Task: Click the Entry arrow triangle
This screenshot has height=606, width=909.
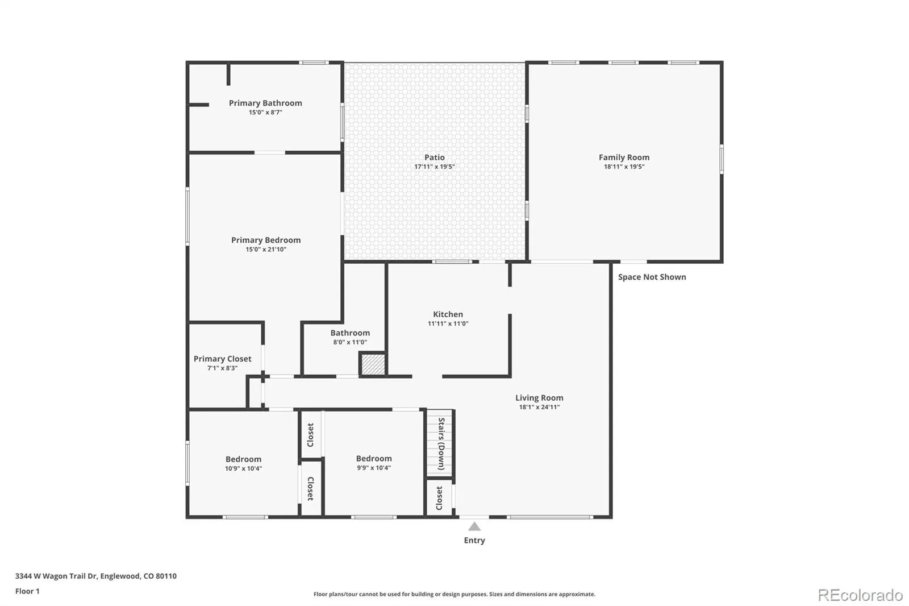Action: [474, 527]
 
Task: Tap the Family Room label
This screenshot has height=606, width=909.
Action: [624, 157]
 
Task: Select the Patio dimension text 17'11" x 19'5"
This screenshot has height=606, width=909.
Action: [435, 167]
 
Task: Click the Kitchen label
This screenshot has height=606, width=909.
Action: [448, 314]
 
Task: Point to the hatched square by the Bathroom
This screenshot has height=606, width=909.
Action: [373, 364]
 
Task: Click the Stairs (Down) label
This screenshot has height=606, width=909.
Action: [441, 444]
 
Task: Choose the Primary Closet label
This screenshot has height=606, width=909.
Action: [222, 359]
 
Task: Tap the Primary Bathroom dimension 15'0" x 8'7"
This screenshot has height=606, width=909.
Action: [265, 112]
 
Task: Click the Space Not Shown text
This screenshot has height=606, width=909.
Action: [652, 277]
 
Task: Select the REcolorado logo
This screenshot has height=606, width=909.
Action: [860, 595]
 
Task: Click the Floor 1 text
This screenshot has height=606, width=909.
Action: [28, 591]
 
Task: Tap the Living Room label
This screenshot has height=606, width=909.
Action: [539, 397]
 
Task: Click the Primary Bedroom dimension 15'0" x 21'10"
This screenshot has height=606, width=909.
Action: [266, 250]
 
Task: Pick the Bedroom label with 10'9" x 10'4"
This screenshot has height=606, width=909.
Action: [244, 459]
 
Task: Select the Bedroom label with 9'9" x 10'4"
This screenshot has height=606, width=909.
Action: [374, 458]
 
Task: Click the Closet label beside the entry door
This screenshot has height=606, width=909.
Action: [439, 498]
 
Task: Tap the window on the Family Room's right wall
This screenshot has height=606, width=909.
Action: [722, 159]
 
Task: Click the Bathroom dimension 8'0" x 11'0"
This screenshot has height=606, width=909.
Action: [350, 342]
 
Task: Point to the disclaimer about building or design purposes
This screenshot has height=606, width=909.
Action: [454, 594]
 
